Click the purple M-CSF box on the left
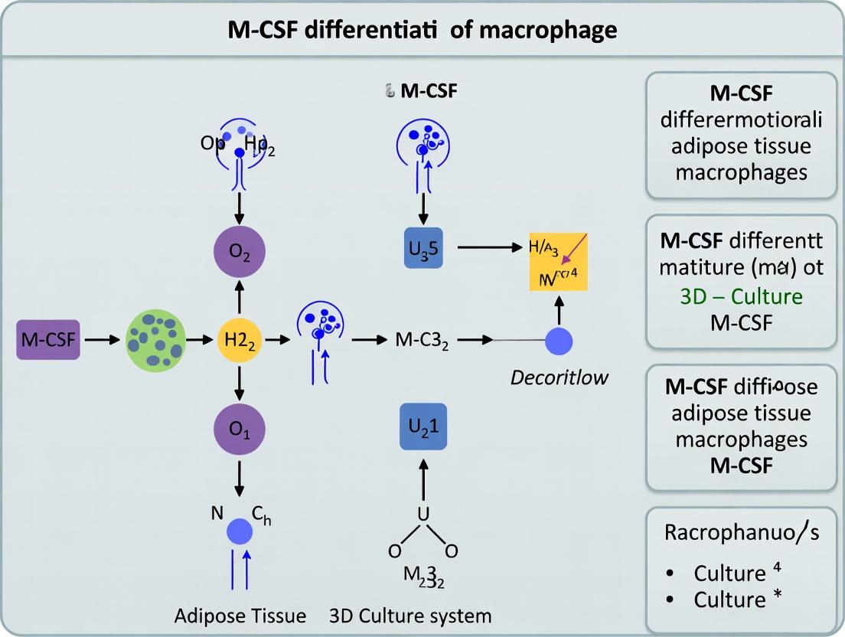click(49, 340)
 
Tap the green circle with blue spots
click(155, 340)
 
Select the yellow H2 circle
click(240, 340)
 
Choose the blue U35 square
click(423, 247)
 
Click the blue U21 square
click(423, 426)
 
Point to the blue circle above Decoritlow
click(559, 340)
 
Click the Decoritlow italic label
click(560, 377)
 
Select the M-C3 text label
click(422, 340)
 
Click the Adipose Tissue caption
click(240, 616)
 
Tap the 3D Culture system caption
click(410, 616)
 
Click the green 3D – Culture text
click(741, 296)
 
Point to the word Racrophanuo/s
click(740, 532)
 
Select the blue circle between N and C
click(240, 530)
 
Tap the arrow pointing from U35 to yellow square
click(486, 247)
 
